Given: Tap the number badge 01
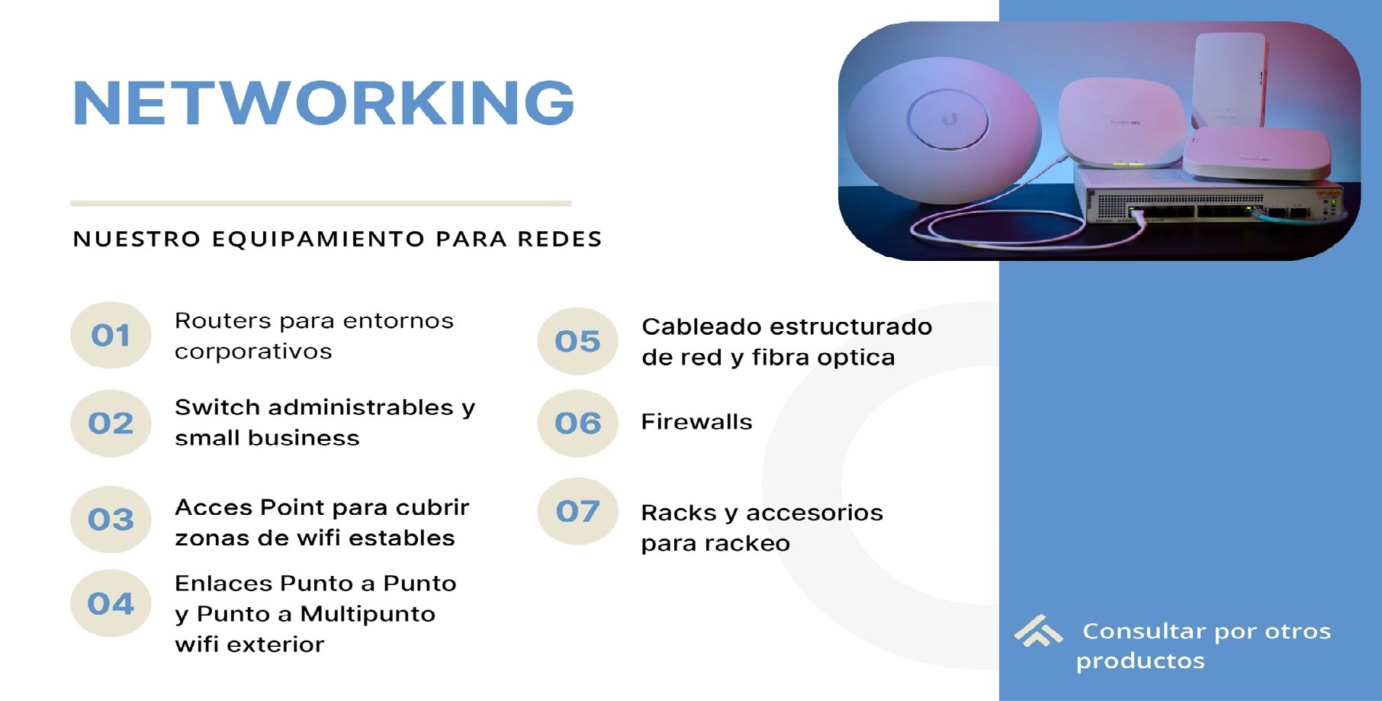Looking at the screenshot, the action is pyautogui.click(x=111, y=335).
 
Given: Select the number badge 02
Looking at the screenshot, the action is pyautogui.click(x=111, y=423).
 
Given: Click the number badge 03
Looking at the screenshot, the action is pyautogui.click(x=111, y=519).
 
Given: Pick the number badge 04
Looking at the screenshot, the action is pyautogui.click(x=111, y=603).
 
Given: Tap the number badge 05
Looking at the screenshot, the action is pyautogui.click(x=577, y=341).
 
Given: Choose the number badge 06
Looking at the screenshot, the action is pyautogui.click(x=577, y=423).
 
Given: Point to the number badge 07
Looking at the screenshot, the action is pyautogui.click(x=577, y=511).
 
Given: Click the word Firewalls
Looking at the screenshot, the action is pyautogui.click(x=696, y=422).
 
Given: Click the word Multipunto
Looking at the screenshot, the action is pyautogui.click(x=368, y=614).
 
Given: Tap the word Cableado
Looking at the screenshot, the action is pyautogui.click(x=701, y=326).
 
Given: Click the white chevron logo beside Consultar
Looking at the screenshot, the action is pyautogui.click(x=1038, y=631).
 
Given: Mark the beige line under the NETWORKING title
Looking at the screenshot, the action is pyautogui.click(x=320, y=204).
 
